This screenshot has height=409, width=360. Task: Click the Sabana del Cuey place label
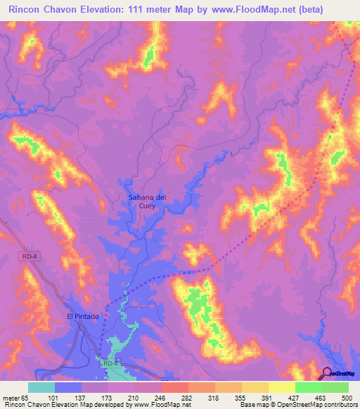pos(147,202)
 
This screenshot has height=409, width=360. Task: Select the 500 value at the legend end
pos(347,397)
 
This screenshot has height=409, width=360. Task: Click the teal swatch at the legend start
pos(41,387)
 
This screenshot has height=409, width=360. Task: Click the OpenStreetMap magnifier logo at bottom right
pos(328,373)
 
